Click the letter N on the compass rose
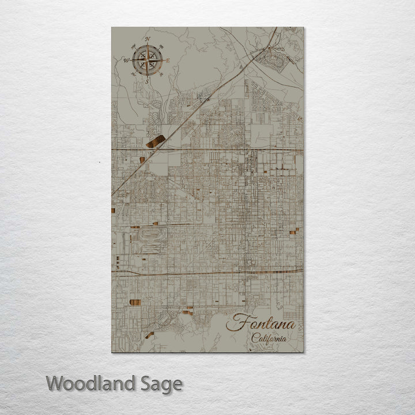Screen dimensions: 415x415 tap(148, 39)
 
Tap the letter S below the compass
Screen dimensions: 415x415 tap(146, 81)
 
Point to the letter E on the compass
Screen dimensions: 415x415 tap(168, 60)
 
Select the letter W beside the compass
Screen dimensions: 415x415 tap(126, 59)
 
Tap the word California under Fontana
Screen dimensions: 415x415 tap(268, 338)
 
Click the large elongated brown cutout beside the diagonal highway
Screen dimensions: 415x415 tap(156, 141)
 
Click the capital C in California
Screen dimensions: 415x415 tap(254, 338)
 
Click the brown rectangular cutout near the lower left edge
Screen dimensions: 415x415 tap(135, 304)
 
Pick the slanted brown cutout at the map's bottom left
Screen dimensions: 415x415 tap(150, 334)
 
